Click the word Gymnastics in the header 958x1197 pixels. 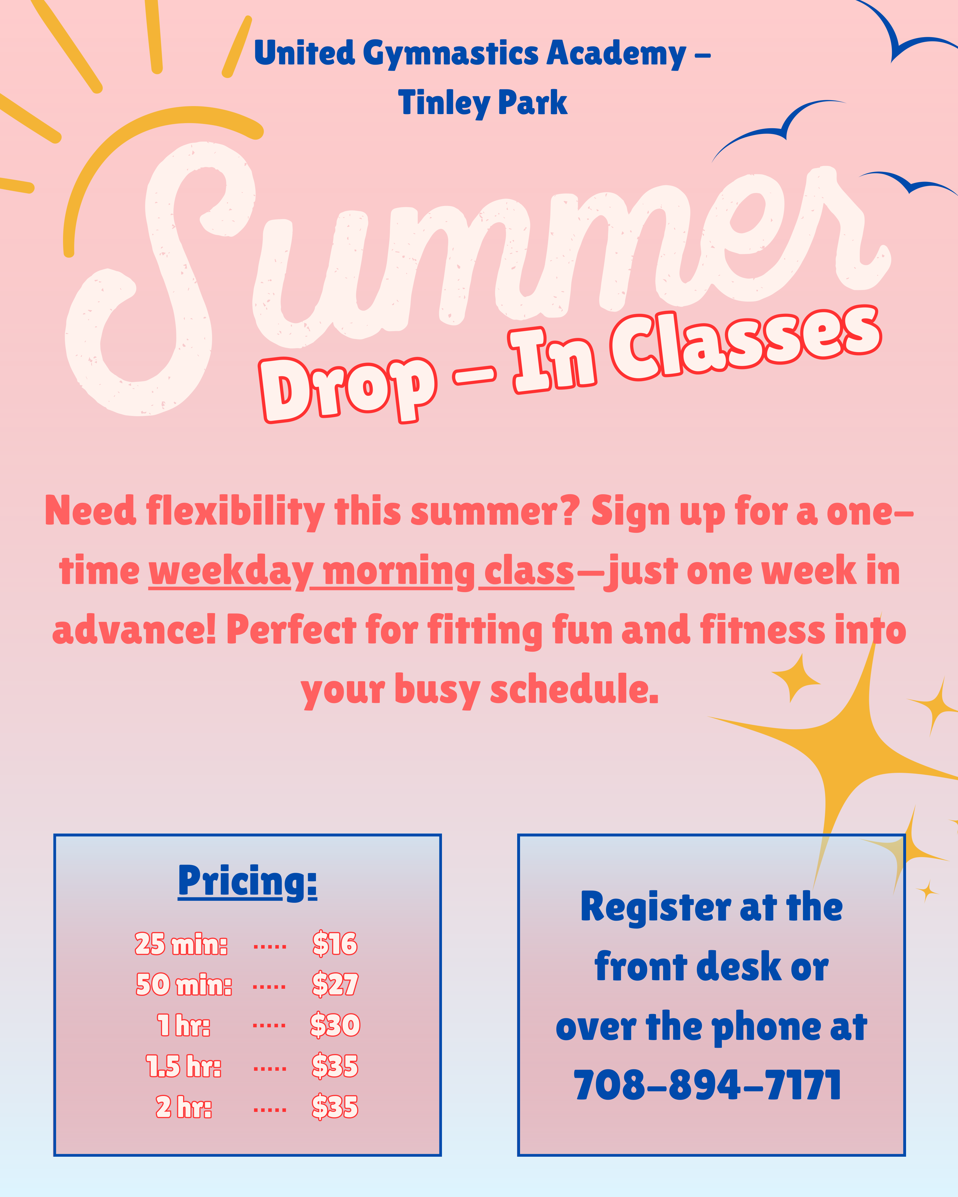(x=451, y=54)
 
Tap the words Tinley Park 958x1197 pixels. (x=483, y=103)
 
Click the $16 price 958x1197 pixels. (x=335, y=944)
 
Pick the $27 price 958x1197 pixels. (x=335, y=984)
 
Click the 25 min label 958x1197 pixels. (x=181, y=944)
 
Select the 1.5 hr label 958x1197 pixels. (x=183, y=1066)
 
